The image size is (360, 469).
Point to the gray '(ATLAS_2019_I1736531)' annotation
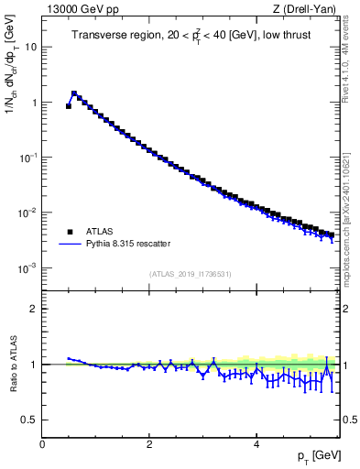point(190,274)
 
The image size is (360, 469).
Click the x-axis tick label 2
point(148,444)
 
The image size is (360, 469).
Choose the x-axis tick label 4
point(256,444)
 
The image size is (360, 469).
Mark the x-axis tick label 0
point(42,444)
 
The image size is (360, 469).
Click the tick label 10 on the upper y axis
point(30,47)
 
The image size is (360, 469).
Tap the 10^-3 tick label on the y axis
point(27,267)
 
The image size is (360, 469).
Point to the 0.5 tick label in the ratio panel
point(28,420)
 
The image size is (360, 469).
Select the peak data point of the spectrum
point(74,93)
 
